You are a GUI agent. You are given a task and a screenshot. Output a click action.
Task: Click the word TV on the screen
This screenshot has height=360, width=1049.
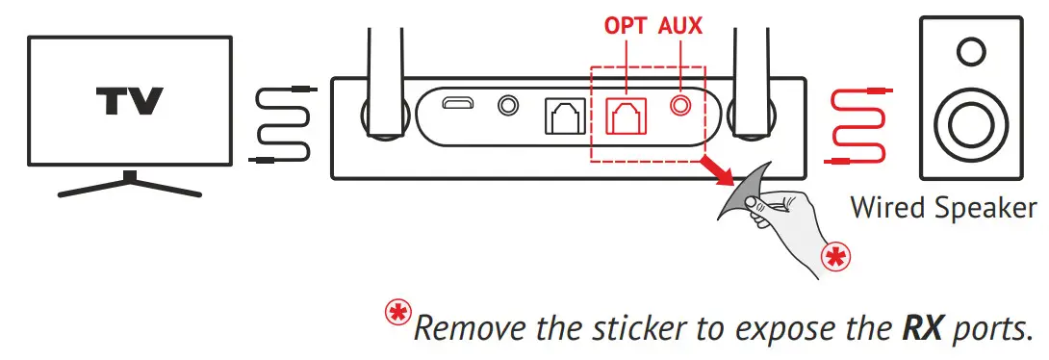129,100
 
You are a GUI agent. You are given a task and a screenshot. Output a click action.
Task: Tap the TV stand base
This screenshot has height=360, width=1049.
130,186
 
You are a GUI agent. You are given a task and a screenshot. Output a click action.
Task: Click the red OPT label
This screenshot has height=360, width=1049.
626,26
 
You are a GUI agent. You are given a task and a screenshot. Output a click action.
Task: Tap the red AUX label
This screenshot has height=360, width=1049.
680,26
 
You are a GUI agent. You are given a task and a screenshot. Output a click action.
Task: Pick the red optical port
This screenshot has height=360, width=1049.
627,116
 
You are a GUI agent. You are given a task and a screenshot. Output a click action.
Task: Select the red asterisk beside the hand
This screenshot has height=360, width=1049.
834,256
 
